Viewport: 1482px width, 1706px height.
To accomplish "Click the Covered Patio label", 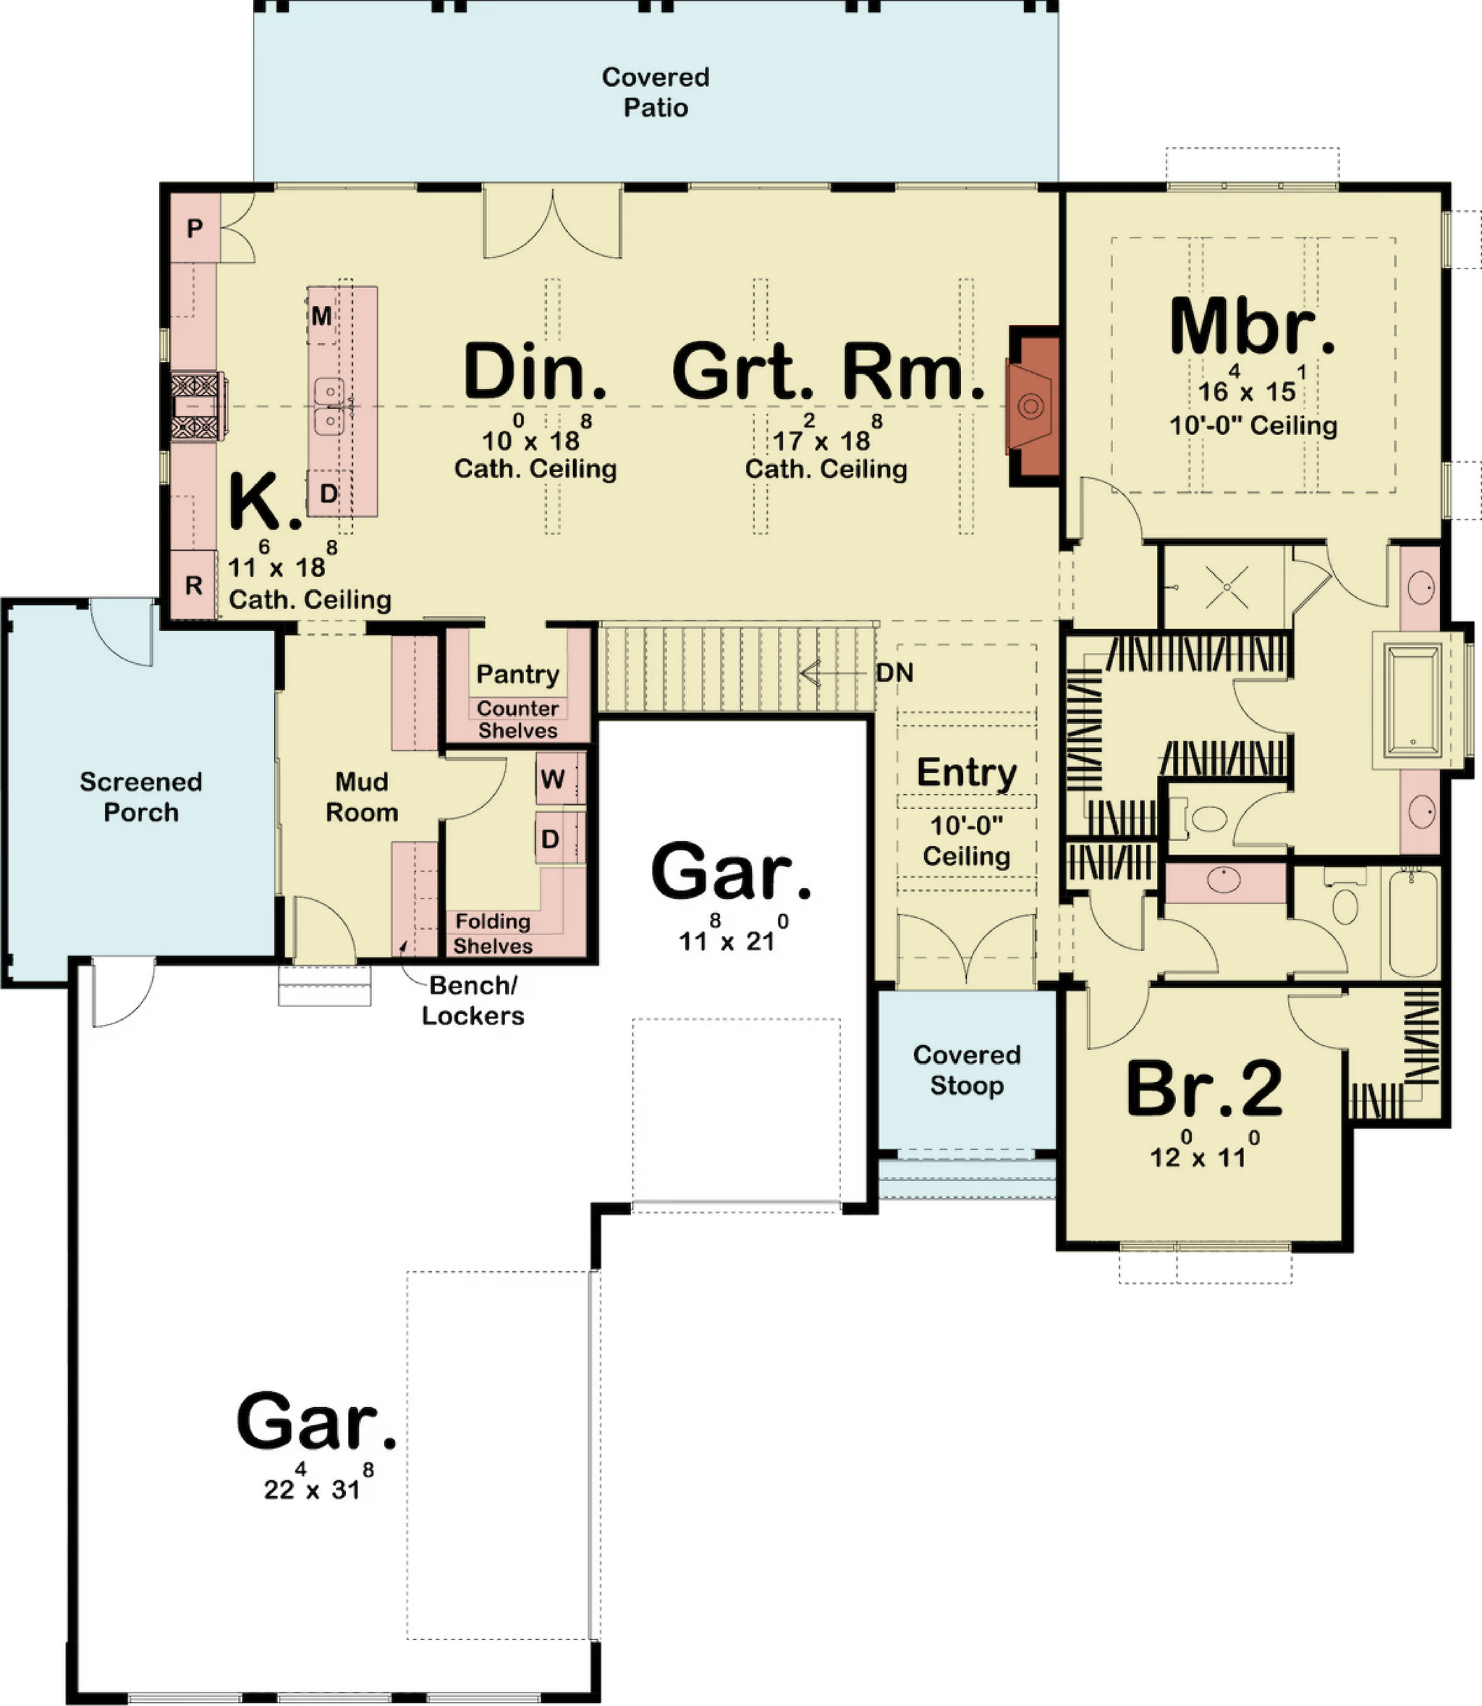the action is point(655,92).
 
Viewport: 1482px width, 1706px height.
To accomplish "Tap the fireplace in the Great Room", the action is point(1031,405).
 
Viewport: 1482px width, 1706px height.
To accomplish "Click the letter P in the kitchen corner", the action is point(195,228).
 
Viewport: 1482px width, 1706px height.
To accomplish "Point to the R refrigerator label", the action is point(193,586).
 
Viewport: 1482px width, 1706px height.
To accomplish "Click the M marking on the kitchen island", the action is point(322,316).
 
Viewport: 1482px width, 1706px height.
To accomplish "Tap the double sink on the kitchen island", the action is point(329,406).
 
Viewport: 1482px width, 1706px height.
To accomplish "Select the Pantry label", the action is point(517,675).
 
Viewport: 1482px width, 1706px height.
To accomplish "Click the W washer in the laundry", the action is point(552,779).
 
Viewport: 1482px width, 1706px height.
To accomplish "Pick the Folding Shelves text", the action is point(493,933).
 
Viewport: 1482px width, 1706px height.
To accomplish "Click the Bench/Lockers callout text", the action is point(473,1000).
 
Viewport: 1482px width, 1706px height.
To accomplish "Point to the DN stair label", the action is point(895,672).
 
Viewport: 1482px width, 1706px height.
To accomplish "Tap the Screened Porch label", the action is point(140,797).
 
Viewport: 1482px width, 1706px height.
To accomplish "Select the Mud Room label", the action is point(361,797).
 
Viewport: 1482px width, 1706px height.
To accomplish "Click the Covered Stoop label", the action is point(967,1070).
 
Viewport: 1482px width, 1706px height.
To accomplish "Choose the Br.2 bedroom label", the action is point(1204,1089).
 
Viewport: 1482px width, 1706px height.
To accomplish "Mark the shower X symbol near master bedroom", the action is point(1227,586).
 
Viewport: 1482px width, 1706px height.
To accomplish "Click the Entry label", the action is point(967,773).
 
